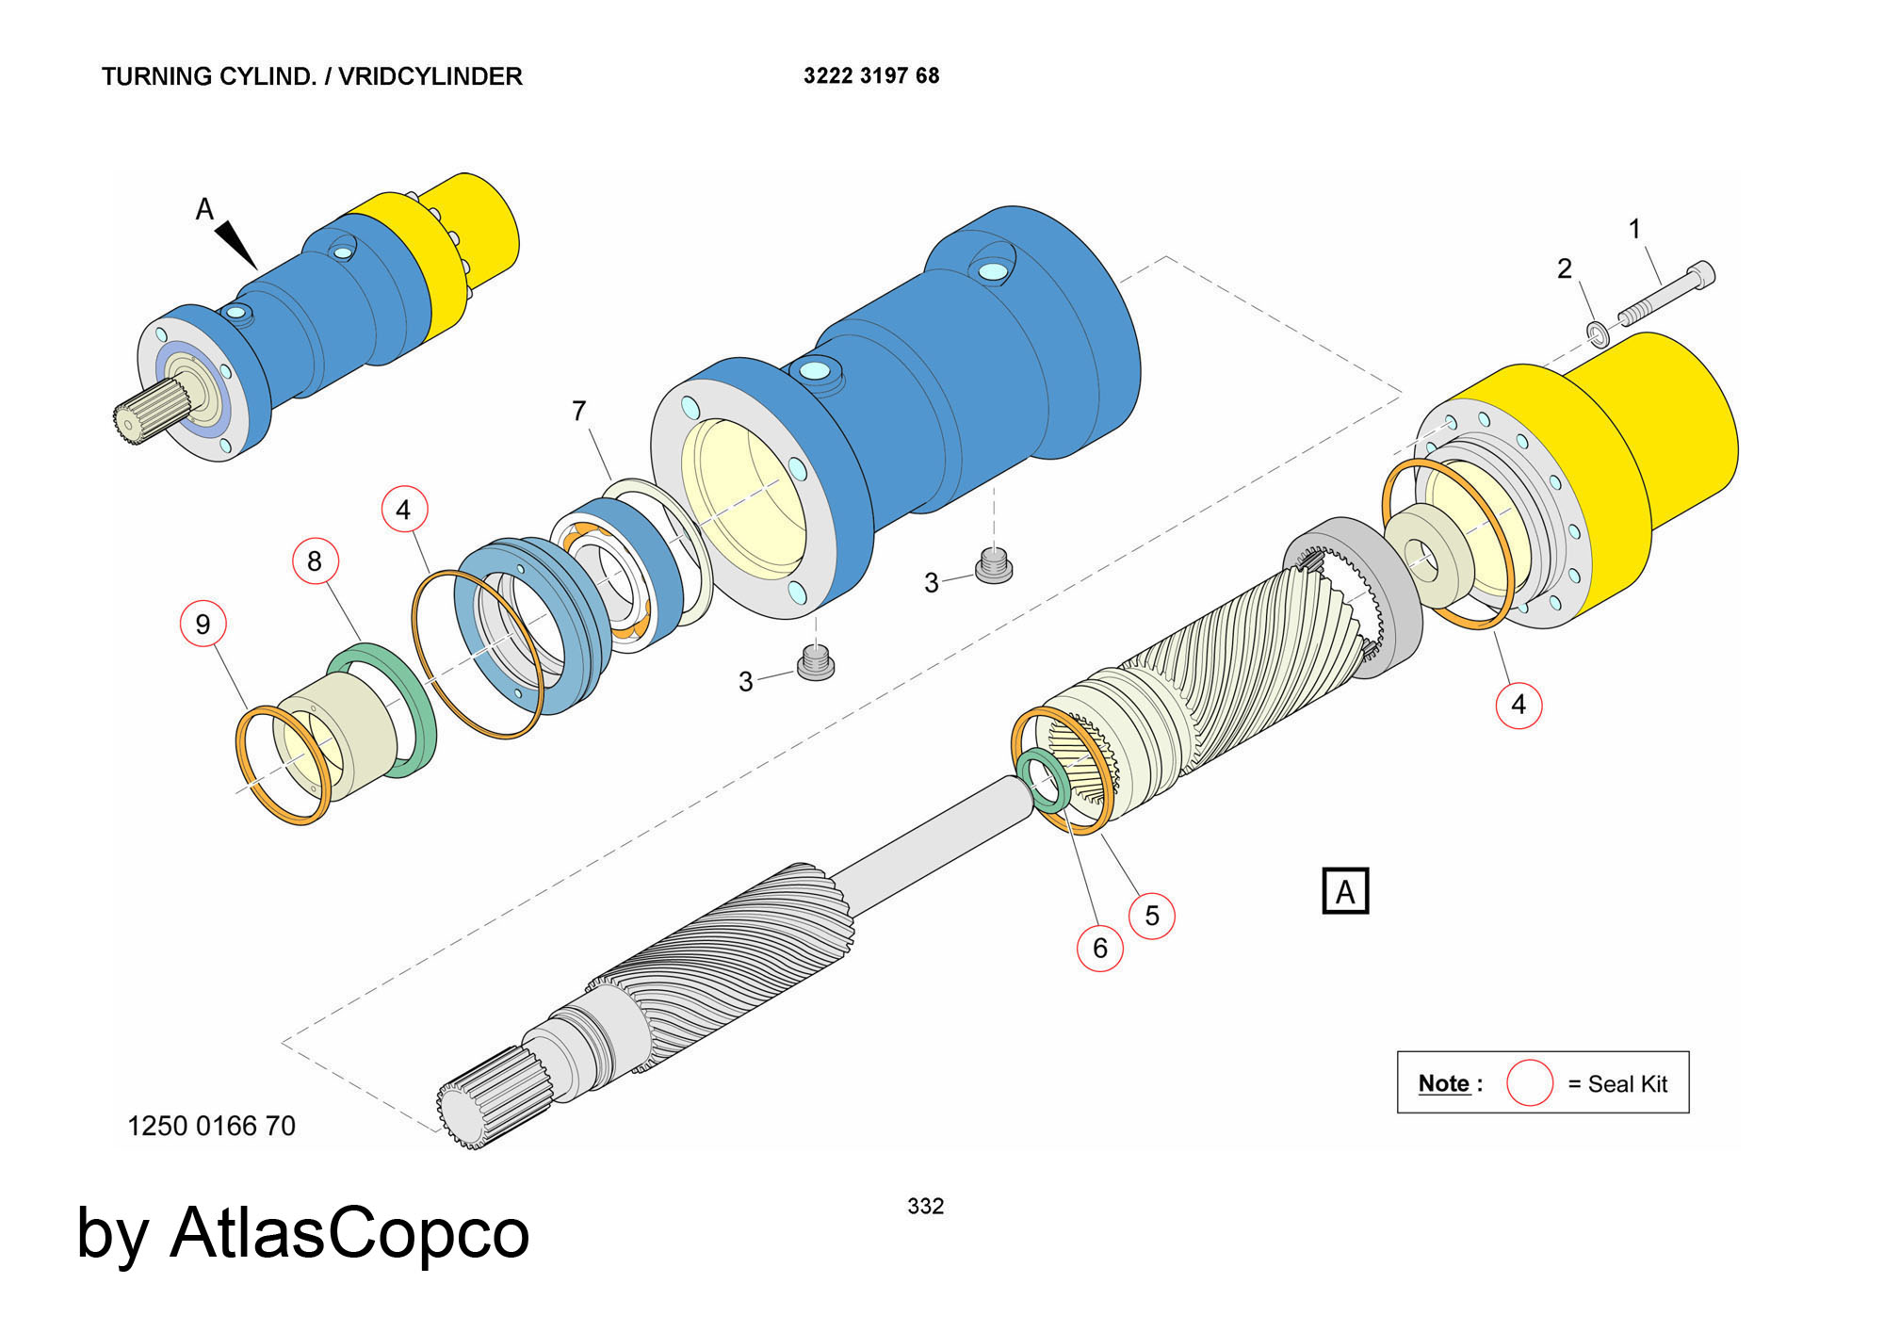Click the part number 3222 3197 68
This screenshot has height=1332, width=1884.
[x=870, y=75]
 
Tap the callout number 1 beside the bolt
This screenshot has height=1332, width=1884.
[x=1634, y=229]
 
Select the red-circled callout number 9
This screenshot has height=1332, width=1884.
[x=203, y=624]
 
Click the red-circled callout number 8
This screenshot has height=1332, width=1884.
[x=315, y=561]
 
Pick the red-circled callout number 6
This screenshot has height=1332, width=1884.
[x=1099, y=948]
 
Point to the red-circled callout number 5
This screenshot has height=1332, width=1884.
[x=1151, y=916]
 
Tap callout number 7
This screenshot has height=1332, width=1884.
[x=578, y=411]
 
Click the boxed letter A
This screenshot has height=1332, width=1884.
[x=1345, y=891]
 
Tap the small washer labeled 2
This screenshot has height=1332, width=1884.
[x=1598, y=333]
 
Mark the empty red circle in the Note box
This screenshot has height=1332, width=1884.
[x=1529, y=1083]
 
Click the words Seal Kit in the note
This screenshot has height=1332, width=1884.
[x=1627, y=1084]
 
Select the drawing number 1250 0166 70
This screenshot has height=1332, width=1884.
[x=211, y=1126]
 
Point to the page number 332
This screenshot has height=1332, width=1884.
[x=925, y=1206]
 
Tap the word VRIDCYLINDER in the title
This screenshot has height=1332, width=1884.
[x=430, y=76]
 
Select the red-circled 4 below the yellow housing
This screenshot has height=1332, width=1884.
[x=1519, y=705]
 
